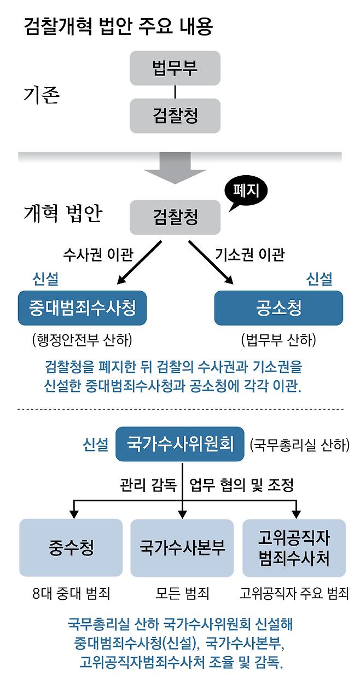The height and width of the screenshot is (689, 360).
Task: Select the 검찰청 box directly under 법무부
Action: pyautogui.click(x=175, y=115)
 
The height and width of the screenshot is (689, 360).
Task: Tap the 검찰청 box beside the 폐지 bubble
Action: pyautogui.click(x=175, y=217)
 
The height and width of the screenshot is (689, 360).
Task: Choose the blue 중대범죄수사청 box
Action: pyautogui.click(x=83, y=308)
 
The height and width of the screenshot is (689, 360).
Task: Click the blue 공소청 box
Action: pyautogui.click(x=278, y=308)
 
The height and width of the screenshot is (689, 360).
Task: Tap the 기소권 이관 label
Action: pyautogui.click(x=249, y=255)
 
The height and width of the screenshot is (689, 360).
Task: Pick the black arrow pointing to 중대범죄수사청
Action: pyautogui.click(x=140, y=263)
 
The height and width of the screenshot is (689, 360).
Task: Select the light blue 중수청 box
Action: pyautogui.click(x=71, y=548)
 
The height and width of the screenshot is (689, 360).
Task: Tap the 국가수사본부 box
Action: pyautogui.click(x=182, y=548)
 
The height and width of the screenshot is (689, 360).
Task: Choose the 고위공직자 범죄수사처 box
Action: pyautogui.click(x=294, y=548)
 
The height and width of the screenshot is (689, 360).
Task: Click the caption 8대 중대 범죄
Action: pyautogui.click(x=71, y=593)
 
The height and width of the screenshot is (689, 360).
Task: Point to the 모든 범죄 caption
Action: pyautogui.click(x=182, y=593)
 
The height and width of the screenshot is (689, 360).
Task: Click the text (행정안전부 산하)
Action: pyautogui.click(x=83, y=340)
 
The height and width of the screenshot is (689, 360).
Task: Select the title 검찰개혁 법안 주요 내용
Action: pyautogui.click(x=118, y=27)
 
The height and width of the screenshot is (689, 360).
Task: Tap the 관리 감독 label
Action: pyautogui.click(x=148, y=484)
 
